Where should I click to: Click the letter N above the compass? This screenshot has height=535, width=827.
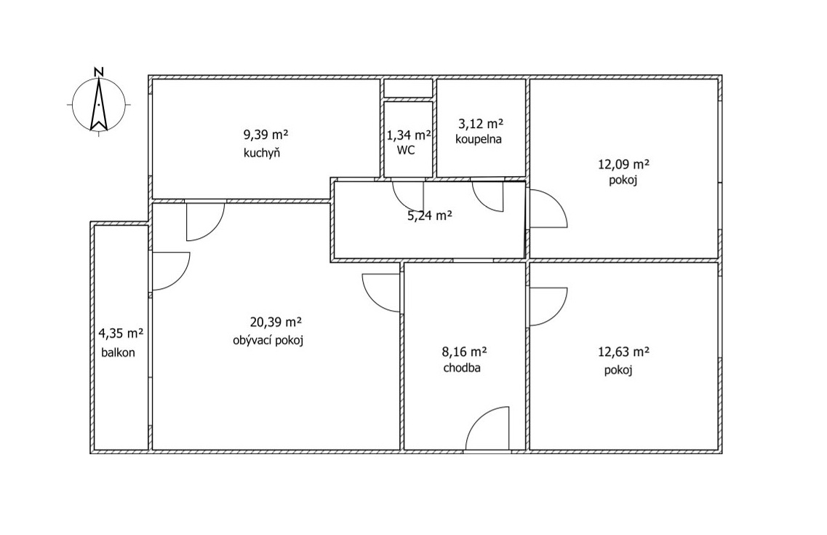(x=98, y=72)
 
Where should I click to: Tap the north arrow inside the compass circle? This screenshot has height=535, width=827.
(x=99, y=104)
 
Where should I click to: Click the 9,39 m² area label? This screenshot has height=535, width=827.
(x=265, y=135)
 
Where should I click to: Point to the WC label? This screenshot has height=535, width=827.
(x=406, y=151)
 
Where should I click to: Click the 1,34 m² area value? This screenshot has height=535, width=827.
(x=409, y=135)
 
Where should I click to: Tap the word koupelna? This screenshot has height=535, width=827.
(x=479, y=139)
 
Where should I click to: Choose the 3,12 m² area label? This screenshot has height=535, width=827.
(x=481, y=124)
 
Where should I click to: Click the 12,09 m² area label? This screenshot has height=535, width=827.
(x=623, y=164)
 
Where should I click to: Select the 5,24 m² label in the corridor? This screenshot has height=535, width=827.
(x=430, y=215)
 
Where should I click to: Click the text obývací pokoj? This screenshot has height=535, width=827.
(x=268, y=341)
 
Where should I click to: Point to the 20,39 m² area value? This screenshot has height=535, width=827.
(x=276, y=322)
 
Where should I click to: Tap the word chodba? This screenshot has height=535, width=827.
(x=461, y=368)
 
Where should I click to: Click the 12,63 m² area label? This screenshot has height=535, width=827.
(x=623, y=352)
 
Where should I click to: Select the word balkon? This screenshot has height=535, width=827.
(x=118, y=352)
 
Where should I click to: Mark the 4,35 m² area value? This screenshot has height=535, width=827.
(x=121, y=333)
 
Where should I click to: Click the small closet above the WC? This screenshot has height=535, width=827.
(x=408, y=88)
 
